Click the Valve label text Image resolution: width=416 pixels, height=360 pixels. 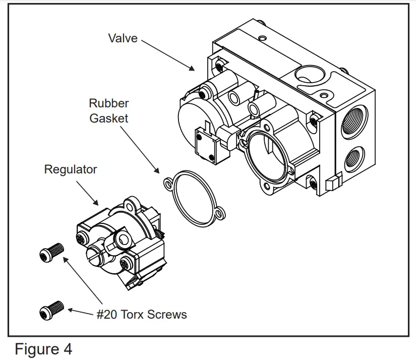click(x=123, y=38)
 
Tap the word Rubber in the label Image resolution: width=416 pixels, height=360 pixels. click(x=108, y=103)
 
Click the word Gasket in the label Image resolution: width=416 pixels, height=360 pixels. click(x=108, y=118)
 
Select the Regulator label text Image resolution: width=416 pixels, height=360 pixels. click(x=70, y=169)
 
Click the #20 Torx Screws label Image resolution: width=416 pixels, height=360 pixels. click(x=142, y=315)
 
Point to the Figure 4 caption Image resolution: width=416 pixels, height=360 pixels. click(x=43, y=349)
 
